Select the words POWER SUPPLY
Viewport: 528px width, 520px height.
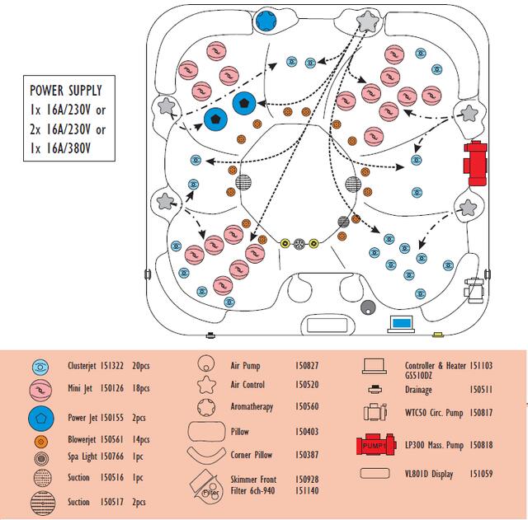[x=66, y=90]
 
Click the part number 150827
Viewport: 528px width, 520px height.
[x=307, y=364]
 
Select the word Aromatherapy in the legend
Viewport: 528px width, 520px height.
[x=252, y=407]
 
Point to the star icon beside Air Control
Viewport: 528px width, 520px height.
[x=206, y=385]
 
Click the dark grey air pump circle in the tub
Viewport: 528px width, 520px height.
[x=368, y=308]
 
